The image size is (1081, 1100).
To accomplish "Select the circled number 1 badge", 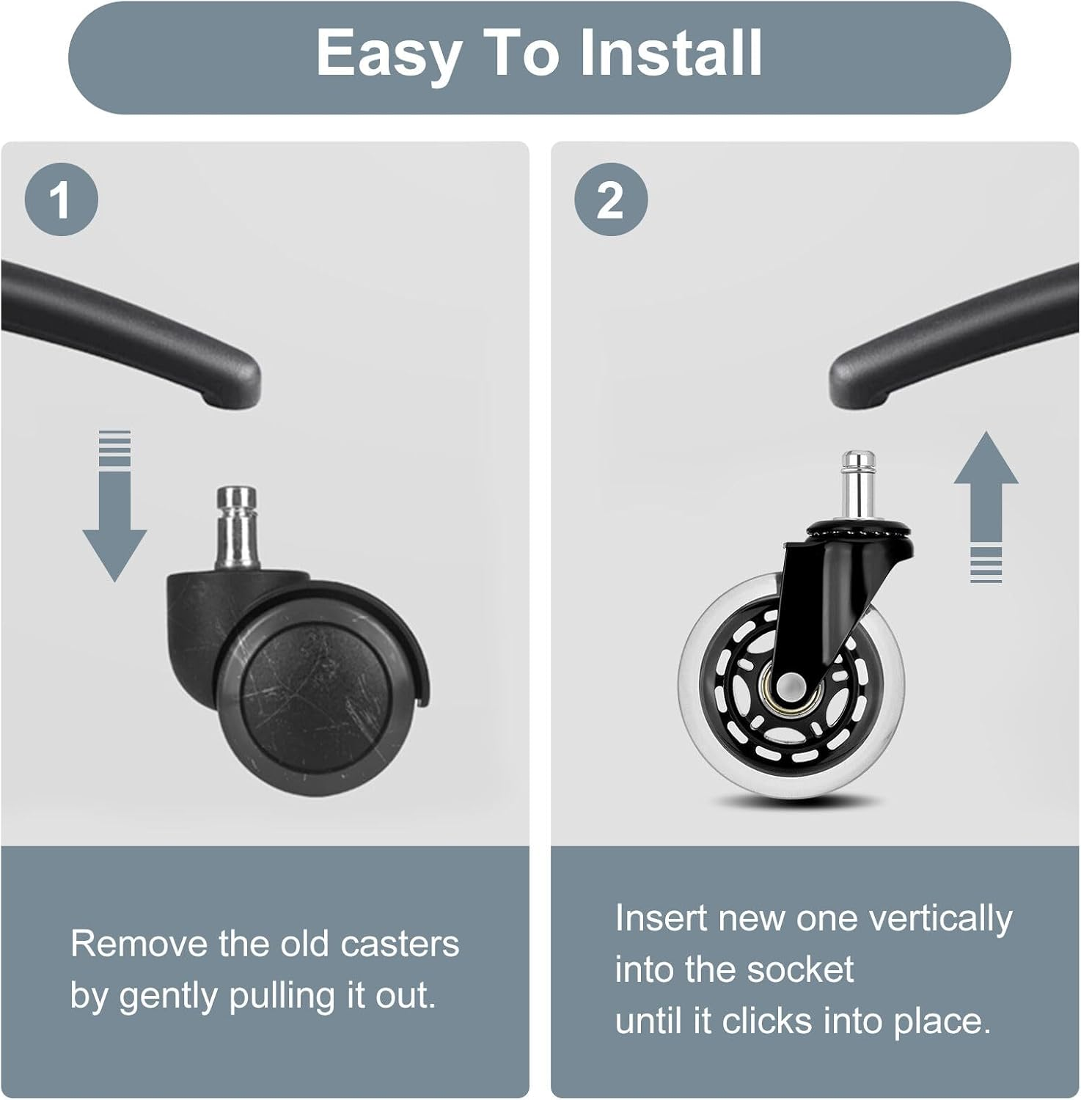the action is (61, 199).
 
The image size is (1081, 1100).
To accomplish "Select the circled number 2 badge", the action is (611, 199).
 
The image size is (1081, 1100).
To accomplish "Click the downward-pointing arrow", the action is (114, 506).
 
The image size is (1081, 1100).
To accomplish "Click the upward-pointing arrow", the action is (986, 507).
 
